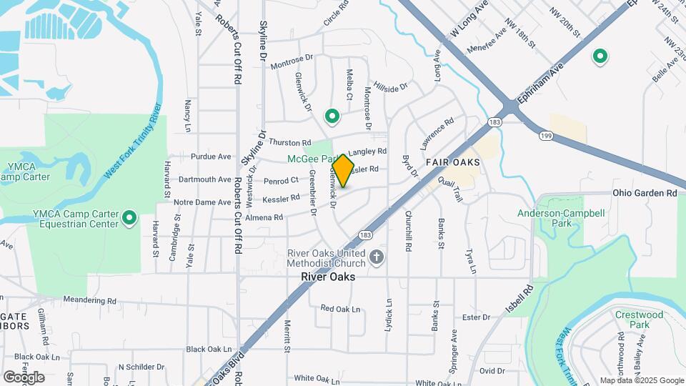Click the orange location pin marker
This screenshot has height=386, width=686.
coord(343,171)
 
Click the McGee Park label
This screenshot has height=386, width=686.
coord(312,158)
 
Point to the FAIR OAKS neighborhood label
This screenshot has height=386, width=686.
coord(452,162)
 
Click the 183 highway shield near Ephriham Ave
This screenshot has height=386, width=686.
coord(494,122)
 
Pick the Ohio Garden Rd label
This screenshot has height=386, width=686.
coord(645,193)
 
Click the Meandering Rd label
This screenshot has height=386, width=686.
coord(89,301)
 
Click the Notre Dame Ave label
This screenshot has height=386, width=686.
coord(202,202)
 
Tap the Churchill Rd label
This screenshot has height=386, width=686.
coord(409,230)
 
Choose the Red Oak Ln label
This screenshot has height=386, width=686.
coord(340,308)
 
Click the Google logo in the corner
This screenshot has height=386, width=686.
coord(24,377)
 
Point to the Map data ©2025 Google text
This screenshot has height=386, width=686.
coord(642,380)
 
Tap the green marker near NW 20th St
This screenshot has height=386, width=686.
coord(600,56)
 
